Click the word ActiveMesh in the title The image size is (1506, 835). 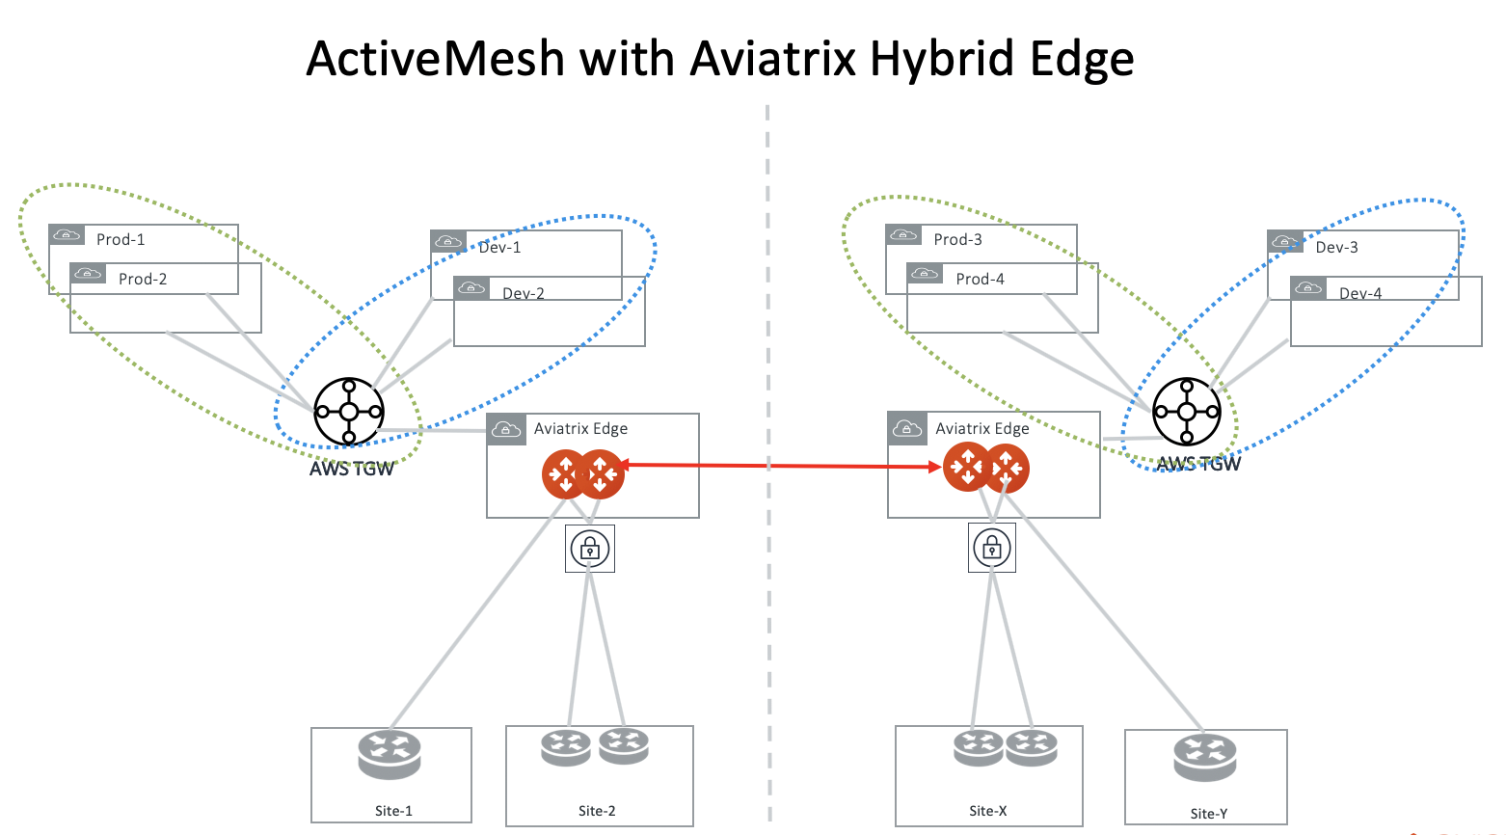point(435,59)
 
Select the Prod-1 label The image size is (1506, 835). point(121,239)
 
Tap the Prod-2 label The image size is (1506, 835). point(143,279)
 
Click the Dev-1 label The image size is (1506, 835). point(499,247)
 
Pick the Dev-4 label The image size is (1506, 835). point(1359,293)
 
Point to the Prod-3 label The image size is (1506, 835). point(957,239)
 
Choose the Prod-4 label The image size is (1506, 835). point(980,279)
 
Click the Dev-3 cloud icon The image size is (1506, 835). point(1285,242)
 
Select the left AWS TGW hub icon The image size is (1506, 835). point(349,412)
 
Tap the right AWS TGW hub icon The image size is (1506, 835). point(1187,412)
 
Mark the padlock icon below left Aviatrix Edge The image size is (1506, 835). point(590,549)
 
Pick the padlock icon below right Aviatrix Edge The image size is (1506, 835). point(992,549)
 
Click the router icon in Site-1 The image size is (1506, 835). point(390,755)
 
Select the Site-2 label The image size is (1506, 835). point(597,811)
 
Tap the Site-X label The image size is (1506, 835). point(988,811)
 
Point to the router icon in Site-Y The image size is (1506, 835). point(1205,758)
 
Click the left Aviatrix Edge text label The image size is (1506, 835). point(580,428)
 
